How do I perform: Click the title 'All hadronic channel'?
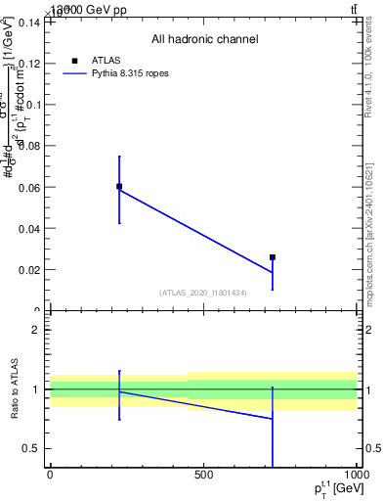tap(204, 40)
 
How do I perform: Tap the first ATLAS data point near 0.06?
tap(119, 186)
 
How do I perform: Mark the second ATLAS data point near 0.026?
tap(273, 257)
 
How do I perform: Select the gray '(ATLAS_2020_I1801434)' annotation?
tap(202, 294)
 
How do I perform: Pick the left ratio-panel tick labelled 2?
tap(34, 330)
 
